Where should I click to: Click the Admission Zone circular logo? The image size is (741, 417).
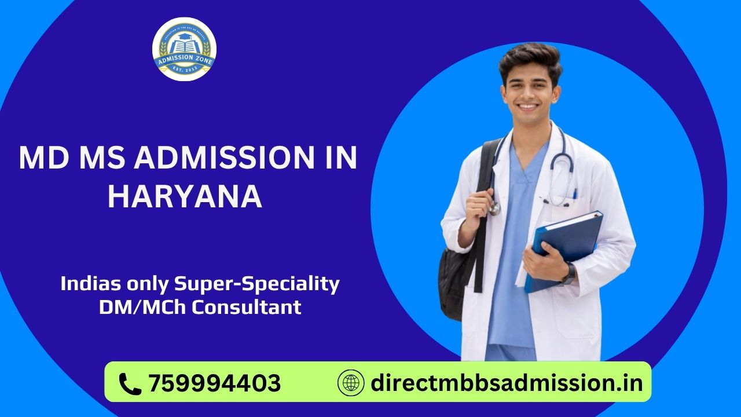point(184,49)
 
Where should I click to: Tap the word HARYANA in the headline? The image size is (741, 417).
point(185,197)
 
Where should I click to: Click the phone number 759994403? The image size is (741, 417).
point(215,383)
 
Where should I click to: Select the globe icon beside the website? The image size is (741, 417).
point(351,383)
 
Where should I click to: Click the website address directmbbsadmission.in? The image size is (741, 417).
point(507,383)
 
